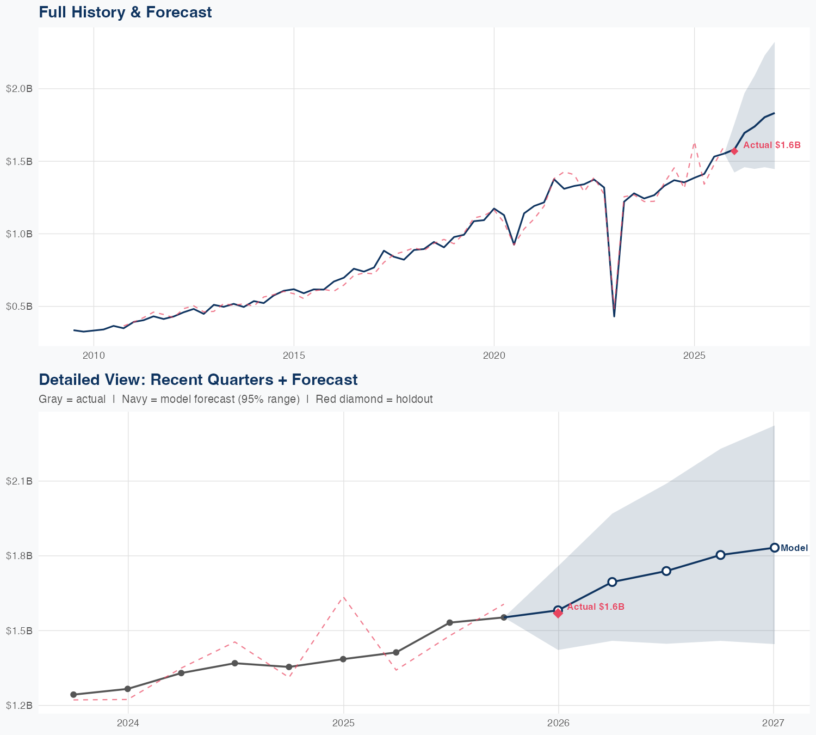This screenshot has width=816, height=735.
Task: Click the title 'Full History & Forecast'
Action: [125, 12]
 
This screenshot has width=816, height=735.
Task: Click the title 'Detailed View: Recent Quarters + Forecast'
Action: [198, 379]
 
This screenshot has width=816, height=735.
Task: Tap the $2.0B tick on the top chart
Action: [19, 89]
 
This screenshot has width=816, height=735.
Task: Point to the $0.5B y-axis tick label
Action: [19, 307]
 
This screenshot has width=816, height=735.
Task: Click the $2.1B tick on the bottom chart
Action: [19, 481]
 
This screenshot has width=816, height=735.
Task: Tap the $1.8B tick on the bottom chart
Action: [19, 556]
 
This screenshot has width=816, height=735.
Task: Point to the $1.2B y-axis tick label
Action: [19, 706]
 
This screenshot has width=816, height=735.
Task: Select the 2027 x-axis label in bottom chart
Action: [773, 724]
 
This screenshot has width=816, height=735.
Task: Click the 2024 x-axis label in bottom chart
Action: [128, 724]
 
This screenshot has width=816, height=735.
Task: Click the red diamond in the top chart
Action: [734, 151]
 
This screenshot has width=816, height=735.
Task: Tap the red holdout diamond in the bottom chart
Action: [558, 614]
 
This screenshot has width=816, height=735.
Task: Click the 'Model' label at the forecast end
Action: [794, 548]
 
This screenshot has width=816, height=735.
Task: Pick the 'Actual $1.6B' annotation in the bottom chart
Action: [596, 607]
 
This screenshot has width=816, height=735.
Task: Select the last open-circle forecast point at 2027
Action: [774, 548]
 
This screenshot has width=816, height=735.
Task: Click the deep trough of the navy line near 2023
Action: [614, 316]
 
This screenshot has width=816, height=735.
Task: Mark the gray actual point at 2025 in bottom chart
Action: [343, 659]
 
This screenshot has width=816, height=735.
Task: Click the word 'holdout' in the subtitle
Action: [414, 399]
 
